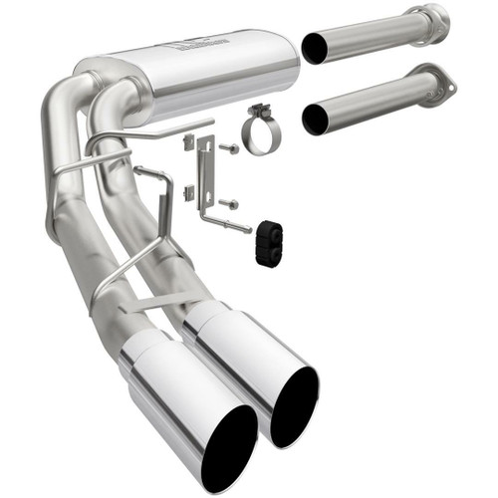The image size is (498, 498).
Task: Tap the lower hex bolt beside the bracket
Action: point(229,203)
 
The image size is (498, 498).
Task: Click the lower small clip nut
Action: point(188,190)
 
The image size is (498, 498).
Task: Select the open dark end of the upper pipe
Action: point(314,48)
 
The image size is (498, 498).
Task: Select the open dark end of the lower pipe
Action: point(316,119)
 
